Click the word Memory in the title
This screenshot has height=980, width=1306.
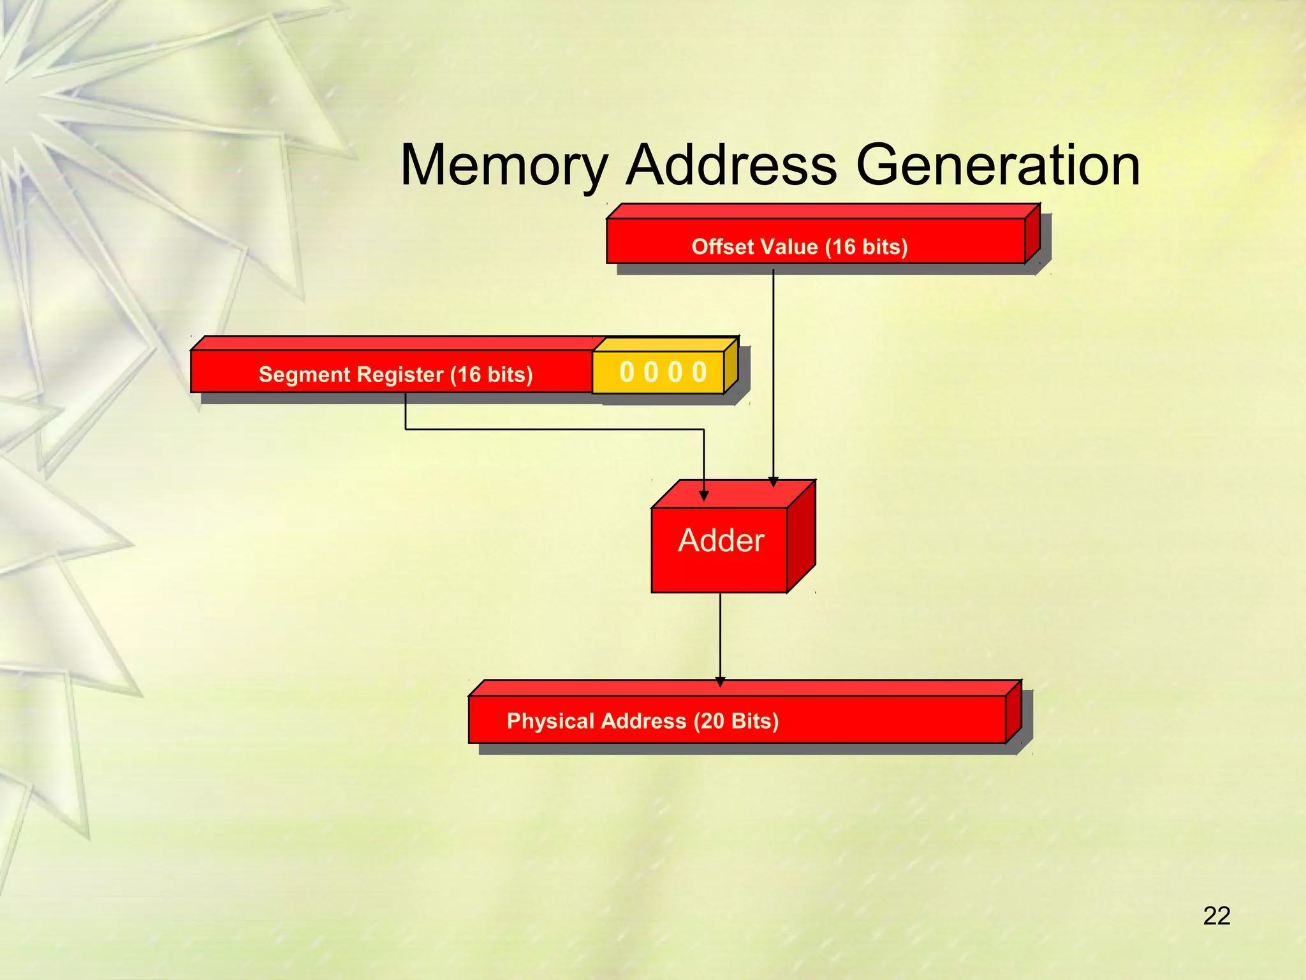pyautogui.click(x=504, y=166)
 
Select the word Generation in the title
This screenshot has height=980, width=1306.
pyautogui.click(x=997, y=166)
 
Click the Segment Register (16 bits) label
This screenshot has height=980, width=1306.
pyautogui.click(x=395, y=375)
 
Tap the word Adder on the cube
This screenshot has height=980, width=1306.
pyautogui.click(x=721, y=541)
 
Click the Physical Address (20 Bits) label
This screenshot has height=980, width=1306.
pyautogui.click(x=642, y=721)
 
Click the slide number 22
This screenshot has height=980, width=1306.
pyautogui.click(x=1216, y=916)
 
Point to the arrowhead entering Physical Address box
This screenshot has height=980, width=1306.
pyautogui.click(x=720, y=682)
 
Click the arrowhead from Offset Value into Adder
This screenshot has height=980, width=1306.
pyautogui.click(x=773, y=482)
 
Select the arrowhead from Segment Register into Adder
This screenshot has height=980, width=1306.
pyautogui.click(x=704, y=496)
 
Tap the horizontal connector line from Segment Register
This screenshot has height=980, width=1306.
pyautogui.click(x=555, y=429)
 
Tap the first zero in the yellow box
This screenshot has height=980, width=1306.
pyautogui.click(x=627, y=372)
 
